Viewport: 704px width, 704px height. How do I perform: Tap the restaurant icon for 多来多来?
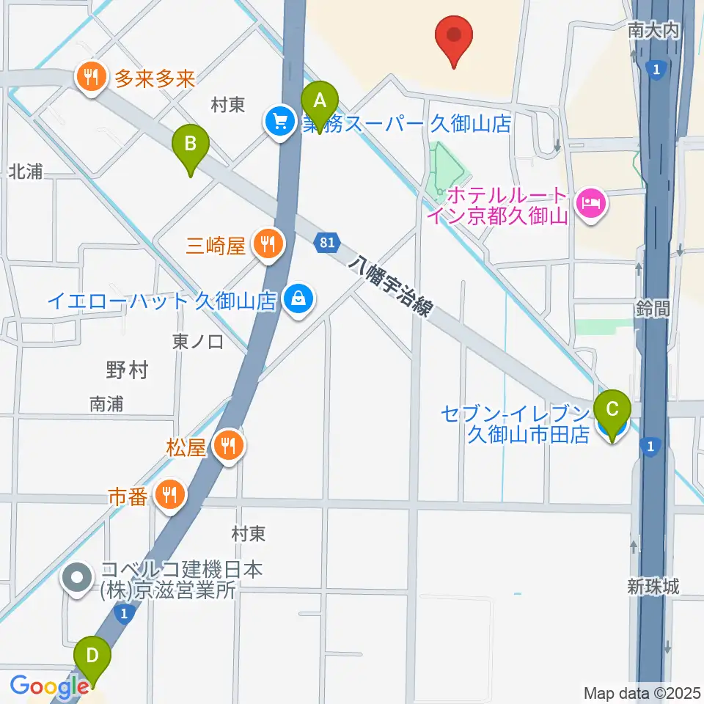(x=91, y=77)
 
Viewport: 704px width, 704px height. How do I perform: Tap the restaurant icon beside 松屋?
(x=229, y=446)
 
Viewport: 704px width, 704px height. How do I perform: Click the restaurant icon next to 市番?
(x=170, y=496)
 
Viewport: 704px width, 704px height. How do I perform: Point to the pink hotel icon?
(x=591, y=201)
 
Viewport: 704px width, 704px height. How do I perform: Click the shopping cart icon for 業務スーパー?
(x=279, y=122)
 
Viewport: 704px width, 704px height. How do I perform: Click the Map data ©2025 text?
(x=642, y=692)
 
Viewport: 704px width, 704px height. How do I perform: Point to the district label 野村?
(x=127, y=370)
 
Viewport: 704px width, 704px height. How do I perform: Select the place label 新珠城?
(x=653, y=586)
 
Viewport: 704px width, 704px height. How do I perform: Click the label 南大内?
(x=654, y=30)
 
